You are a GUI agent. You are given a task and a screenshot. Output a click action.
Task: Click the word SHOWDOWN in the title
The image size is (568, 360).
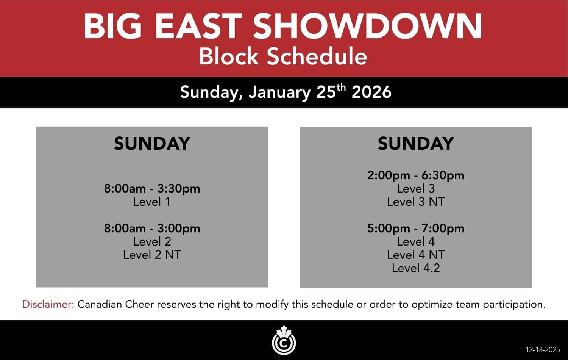[x=367, y=26]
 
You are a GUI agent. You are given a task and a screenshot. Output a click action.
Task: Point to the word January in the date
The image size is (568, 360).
[x=280, y=92]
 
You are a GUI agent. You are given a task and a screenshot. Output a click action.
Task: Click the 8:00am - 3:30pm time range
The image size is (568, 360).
[x=152, y=188]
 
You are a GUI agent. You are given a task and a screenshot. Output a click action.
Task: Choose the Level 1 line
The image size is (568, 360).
[x=151, y=202]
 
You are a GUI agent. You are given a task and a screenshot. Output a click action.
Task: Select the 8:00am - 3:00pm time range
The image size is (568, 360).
[x=152, y=229]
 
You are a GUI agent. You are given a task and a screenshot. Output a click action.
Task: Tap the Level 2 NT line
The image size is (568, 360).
[x=152, y=255]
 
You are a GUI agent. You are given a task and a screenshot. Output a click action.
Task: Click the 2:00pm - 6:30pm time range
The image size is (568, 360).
[x=416, y=175]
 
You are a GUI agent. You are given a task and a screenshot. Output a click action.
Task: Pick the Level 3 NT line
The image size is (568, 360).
[x=416, y=202]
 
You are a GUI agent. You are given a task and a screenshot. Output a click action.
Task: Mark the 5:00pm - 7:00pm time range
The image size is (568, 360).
[x=416, y=229]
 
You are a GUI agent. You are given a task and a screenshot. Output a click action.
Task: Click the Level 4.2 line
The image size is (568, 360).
[x=416, y=268]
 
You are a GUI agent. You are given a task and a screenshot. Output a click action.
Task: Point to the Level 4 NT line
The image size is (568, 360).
[x=416, y=255]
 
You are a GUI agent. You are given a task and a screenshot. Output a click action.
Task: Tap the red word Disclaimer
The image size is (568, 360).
[x=48, y=304]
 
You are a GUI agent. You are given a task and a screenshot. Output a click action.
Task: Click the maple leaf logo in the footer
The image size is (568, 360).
[x=284, y=340]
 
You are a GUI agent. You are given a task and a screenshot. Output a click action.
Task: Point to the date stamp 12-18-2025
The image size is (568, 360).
[x=543, y=350]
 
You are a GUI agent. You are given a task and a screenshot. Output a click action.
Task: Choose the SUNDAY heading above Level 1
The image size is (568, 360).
[x=152, y=144]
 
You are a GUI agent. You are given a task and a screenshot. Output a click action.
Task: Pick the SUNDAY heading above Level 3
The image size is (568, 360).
[x=416, y=144]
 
